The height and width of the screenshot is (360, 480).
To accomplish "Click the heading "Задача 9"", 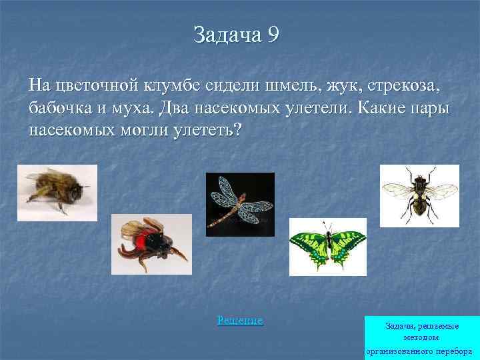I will (236, 34).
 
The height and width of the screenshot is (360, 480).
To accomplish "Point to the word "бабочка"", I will (63, 107).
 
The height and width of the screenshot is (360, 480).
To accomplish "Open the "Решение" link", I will (240, 321).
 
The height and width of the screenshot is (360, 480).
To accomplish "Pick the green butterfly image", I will (327, 246).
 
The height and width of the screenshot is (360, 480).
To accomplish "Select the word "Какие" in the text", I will (387, 107).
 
